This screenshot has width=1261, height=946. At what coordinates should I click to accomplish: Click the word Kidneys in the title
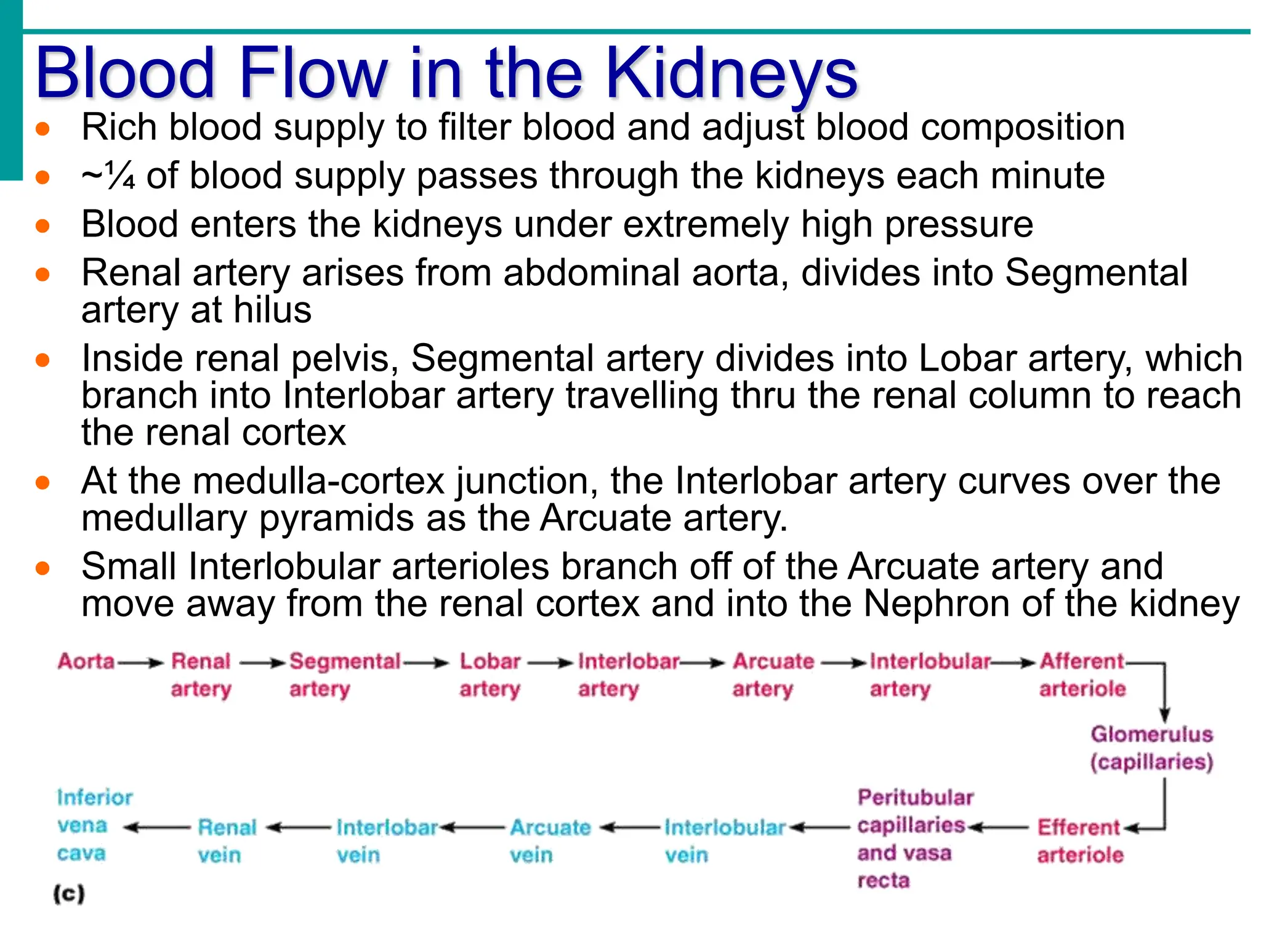(731, 74)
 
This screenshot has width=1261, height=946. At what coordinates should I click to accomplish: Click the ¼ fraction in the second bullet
(119, 176)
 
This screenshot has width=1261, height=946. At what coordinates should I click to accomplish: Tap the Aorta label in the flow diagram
(86, 661)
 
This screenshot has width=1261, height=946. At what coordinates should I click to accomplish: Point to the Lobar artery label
(490, 674)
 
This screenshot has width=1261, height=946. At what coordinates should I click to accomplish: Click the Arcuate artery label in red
(773, 674)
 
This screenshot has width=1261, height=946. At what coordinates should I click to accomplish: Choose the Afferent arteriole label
(1082, 674)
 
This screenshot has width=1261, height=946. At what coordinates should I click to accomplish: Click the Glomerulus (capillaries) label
(1151, 748)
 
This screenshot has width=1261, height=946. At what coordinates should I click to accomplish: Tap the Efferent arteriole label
(1080, 841)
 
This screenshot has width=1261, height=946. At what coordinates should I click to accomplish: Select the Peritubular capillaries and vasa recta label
(914, 838)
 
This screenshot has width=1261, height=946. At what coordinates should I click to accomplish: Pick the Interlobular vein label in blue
(724, 841)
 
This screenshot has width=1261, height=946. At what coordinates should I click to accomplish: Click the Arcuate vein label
(550, 841)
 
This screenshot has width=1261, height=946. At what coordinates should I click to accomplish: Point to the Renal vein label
(227, 841)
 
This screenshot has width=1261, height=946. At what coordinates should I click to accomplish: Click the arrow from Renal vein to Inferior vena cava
(157, 828)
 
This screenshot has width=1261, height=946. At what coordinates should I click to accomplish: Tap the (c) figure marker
(69, 894)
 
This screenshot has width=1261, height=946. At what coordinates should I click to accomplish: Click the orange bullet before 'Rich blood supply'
(42, 129)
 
